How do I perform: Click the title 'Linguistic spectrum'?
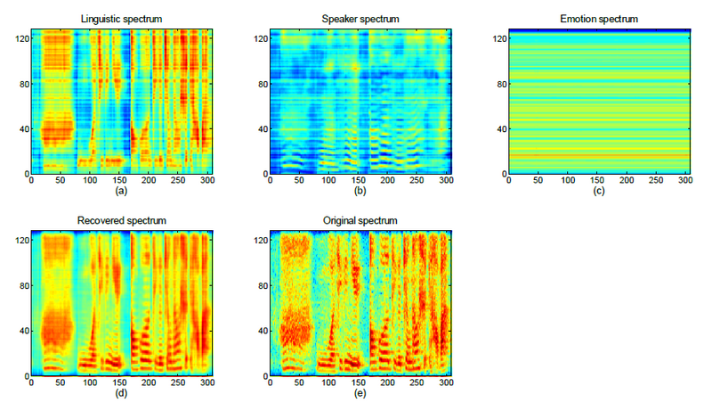tap(122, 19)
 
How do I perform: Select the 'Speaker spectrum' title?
tap(360, 19)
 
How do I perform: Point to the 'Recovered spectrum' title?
tap(122, 219)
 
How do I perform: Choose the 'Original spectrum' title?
tap(360, 219)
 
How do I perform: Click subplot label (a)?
tap(121, 191)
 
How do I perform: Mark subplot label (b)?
tap(360, 191)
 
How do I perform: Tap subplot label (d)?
tap(121, 391)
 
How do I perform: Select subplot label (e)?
tap(360, 391)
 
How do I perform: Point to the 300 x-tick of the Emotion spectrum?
tap(684, 181)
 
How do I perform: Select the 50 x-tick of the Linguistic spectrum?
tap(61, 181)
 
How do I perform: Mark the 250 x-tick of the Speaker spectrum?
tap(417, 181)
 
